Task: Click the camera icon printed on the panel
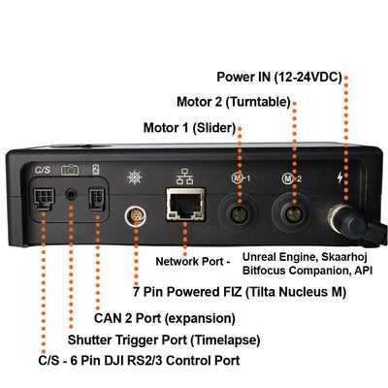pos(71,170)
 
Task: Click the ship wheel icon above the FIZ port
pos(135,178)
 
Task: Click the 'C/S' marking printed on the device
pos(42,170)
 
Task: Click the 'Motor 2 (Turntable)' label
pos(234,102)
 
